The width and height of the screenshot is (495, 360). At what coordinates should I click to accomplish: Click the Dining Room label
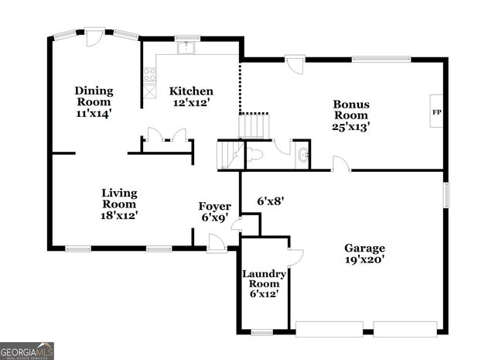(94, 101)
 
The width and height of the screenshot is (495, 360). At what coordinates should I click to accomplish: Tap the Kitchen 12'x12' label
(190, 96)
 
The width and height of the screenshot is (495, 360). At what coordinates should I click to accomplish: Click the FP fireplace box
(436, 112)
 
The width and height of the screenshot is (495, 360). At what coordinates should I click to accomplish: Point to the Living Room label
(120, 203)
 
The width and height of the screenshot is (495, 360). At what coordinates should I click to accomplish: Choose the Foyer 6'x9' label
(214, 211)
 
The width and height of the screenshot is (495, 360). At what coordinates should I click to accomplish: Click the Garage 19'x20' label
(364, 253)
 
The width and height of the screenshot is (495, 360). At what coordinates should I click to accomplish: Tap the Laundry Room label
(265, 284)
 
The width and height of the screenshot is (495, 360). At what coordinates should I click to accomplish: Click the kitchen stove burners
(148, 74)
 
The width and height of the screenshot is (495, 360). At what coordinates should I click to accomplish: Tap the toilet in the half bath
(256, 155)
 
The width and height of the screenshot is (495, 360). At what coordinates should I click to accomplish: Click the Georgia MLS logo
(27, 350)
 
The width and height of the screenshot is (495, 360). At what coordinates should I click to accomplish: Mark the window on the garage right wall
(445, 194)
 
